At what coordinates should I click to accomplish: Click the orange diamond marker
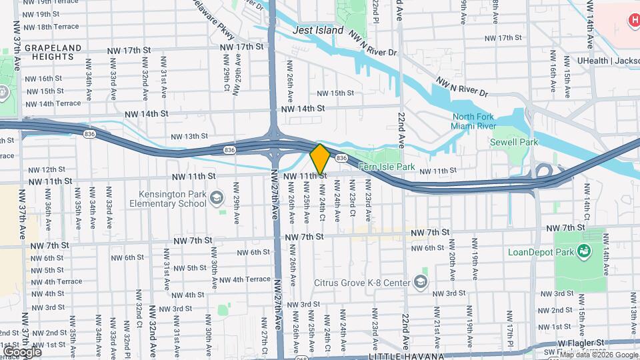[320, 159]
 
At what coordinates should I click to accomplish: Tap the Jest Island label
[318, 30]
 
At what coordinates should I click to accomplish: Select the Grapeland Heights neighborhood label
[53, 53]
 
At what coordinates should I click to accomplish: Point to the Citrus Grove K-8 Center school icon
[421, 281]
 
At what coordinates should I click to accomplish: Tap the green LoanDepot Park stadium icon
[585, 251]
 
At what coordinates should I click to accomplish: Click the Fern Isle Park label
[387, 166]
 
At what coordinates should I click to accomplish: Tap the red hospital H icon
[634, 21]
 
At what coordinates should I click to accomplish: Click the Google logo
[22, 351]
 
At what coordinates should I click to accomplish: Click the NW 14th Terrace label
[53, 103]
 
